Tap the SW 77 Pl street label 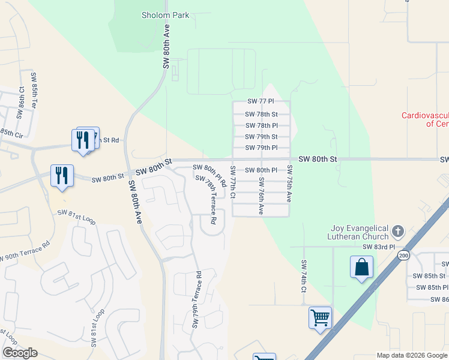coord(261,103)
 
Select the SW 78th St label coord(261,114)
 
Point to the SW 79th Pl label coord(261,148)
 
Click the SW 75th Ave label coord(289,182)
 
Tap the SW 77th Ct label coord(233,183)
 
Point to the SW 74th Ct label coord(304,276)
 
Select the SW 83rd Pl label coord(379,247)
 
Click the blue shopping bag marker coord(362,267)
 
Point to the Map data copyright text coord(412,355)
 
